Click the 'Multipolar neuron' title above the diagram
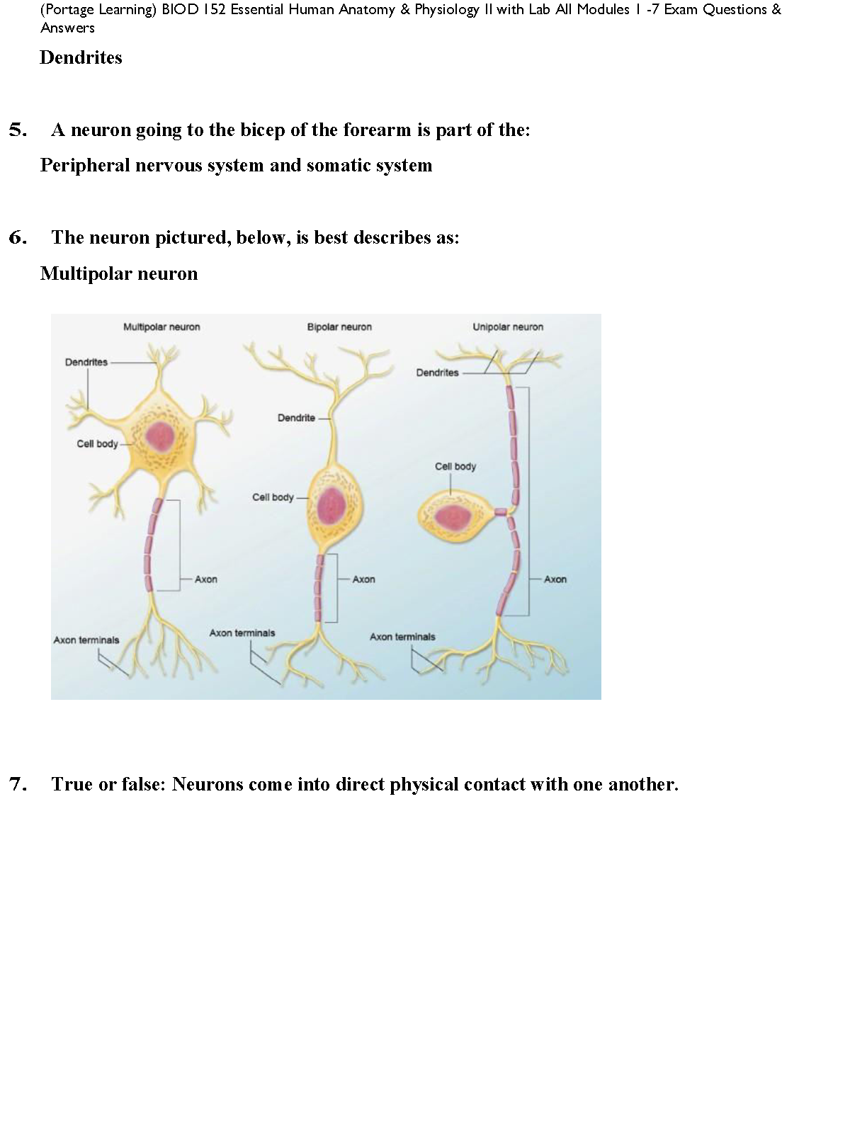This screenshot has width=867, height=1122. pos(161,327)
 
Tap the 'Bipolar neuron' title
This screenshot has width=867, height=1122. pos(339,327)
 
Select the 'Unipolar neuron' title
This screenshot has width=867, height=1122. pos(508,327)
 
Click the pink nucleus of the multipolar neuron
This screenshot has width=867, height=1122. pos(160,436)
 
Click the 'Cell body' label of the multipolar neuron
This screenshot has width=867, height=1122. pos(97,443)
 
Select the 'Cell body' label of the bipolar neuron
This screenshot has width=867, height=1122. pos(273,497)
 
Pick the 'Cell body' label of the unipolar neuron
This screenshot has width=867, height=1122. pos(455,466)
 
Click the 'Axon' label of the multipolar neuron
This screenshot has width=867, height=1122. pos(205,579)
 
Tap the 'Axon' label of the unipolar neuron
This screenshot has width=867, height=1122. pos(555,579)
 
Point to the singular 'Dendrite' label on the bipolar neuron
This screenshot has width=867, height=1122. pos(296,418)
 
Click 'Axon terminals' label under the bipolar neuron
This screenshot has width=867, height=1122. pos(242,633)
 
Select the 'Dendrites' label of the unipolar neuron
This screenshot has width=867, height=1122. pos(437,373)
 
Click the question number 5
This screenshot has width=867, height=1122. pos(18,130)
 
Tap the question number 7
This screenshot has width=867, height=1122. pos(18,784)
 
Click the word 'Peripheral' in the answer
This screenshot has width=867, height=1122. pos(85,165)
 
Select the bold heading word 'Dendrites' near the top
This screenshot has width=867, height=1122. pos(81,57)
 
